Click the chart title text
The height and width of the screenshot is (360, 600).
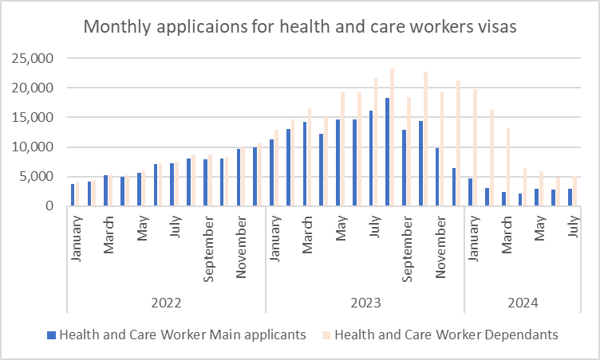(x=301, y=27)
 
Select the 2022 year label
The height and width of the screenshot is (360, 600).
(x=166, y=303)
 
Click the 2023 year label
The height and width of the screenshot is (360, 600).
(x=365, y=303)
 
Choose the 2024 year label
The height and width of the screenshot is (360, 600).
(x=522, y=303)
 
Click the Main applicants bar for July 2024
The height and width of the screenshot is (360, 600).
(x=570, y=198)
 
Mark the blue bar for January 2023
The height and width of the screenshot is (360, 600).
(x=271, y=173)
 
